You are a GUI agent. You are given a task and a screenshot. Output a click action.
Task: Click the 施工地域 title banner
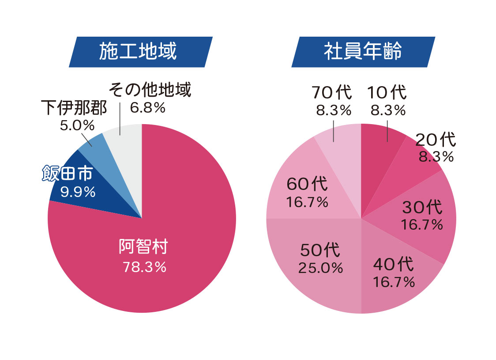coord(141,52)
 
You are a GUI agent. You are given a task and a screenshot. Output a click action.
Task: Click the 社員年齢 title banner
coord(363,52)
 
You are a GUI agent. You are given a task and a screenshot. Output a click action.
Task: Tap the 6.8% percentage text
coord(147,107)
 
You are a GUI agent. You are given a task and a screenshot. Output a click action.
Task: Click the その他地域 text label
coord(150,91)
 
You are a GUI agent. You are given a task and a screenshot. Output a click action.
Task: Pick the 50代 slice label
coord(320,250)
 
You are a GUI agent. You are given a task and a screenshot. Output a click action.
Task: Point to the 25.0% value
coord(320,267)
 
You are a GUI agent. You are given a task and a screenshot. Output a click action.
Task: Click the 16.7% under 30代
coord(422,224)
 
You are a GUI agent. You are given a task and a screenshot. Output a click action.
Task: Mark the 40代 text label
coord(394,265)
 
